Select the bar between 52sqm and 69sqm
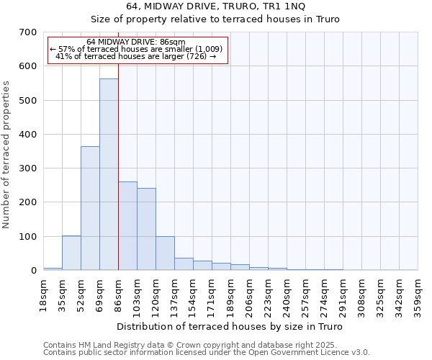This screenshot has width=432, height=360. (90, 208)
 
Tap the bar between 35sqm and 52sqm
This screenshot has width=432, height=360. (71, 253)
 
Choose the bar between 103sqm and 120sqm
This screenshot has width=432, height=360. (146, 229)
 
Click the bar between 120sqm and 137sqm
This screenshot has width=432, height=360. (165, 253)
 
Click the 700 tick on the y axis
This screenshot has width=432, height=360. (28, 32)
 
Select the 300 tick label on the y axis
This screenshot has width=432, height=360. (28, 168)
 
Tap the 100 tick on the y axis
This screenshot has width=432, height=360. (28, 236)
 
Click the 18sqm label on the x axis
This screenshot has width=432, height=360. (44, 293)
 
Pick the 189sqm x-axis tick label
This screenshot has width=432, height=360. (230, 293)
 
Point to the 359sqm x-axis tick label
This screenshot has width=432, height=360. (418, 293)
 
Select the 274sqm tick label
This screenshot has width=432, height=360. (324, 293)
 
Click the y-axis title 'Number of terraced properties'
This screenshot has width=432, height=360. (7, 154)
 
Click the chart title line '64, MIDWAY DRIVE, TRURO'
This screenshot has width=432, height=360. (215, 6)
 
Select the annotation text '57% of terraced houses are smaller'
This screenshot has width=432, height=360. (137, 48)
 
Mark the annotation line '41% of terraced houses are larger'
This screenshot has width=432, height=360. (135, 56)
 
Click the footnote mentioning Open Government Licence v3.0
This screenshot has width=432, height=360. (206, 352)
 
